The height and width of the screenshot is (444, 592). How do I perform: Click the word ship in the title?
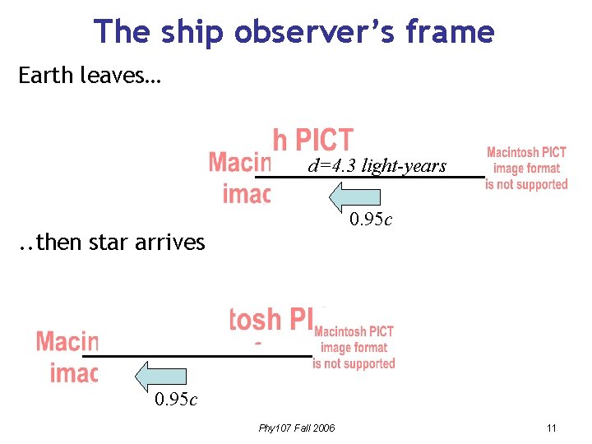click(x=188, y=31)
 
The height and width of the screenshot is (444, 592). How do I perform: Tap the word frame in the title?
click(x=452, y=31)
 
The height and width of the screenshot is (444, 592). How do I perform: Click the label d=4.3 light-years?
click(x=377, y=166)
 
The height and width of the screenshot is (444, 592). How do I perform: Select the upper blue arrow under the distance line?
click(x=355, y=197)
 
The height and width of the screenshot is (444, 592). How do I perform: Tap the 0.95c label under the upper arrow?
click(x=371, y=220)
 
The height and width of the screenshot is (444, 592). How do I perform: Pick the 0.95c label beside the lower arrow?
click(x=176, y=400)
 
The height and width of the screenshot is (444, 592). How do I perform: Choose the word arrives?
click(x=170, y=243)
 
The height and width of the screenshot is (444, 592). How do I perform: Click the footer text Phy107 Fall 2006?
click(x=296, y=428)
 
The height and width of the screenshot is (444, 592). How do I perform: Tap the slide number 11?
click(x=551, y=428)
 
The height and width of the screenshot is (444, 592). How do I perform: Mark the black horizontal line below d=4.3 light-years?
click(x=370, y=177)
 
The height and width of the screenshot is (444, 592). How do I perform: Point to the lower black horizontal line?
click(x=197, y=356)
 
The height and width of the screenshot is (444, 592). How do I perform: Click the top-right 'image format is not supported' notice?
click(x=526, y=169)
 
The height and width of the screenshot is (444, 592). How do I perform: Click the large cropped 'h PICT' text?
click(x=312, y=141)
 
